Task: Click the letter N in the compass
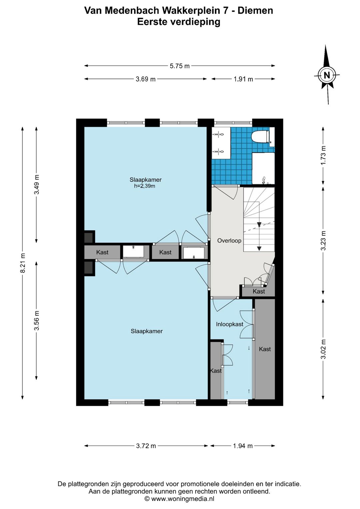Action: [327, 75]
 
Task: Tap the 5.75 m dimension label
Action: [179, 66]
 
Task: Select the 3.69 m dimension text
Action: [146, 79]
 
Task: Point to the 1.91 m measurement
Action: [243, 79]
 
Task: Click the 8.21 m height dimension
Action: [23, 263]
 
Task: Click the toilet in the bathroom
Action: [260, 136]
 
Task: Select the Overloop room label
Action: [229, 240]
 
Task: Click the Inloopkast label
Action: [230, 324]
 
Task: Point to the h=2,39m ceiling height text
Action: [145, 186]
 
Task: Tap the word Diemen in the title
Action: [255, 11]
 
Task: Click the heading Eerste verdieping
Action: [179, 22]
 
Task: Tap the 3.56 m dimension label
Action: [37, 320]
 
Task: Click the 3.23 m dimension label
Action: [323, 240]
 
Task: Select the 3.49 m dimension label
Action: [37, 184]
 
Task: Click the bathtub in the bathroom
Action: [263, 168]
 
